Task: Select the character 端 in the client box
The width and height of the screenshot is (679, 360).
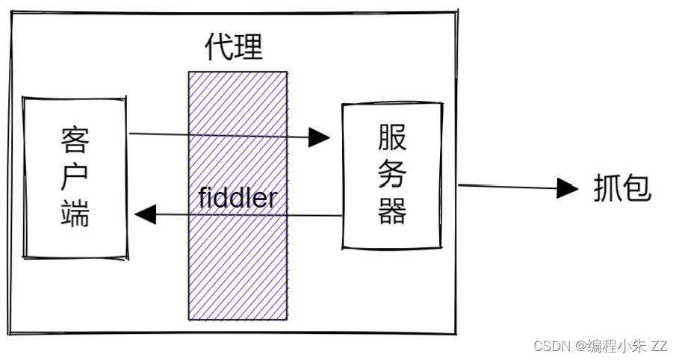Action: [75, 214]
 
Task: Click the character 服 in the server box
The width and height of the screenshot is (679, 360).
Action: [392, 139]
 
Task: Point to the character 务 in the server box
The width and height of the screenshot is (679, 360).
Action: [392, 176]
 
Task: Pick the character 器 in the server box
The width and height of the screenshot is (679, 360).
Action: [392, 212]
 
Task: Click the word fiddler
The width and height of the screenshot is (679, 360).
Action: [238, 199]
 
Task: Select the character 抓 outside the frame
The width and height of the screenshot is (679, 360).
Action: [608, 188]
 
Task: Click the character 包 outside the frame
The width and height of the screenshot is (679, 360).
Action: [638, 188]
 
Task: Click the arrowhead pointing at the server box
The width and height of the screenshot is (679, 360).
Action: [320, 137]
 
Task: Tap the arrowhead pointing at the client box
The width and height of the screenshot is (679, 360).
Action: [145, 215]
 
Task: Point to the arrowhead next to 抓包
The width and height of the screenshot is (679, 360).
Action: [569, 188]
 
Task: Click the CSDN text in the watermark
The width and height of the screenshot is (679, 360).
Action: [550, 346]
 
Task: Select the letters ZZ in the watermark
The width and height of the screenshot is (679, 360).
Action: [659, 346]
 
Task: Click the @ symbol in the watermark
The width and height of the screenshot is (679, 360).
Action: [580, 346]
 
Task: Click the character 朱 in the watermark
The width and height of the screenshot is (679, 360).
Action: [638, 346]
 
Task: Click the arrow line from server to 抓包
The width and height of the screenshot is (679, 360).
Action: [508, 187]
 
